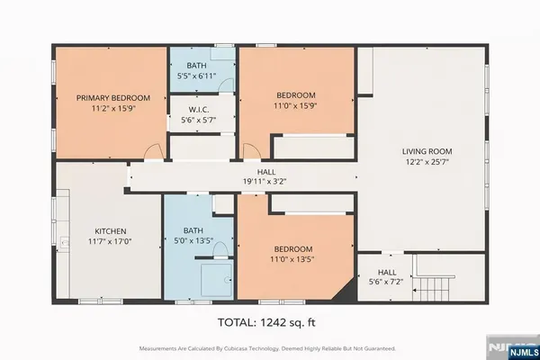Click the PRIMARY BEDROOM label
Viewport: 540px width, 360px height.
[x=112, y=97]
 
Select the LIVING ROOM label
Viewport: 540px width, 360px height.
[x=426, y=151]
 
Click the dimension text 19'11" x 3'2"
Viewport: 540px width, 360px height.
[x=265, y=181]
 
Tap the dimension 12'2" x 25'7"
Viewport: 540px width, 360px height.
[x=426, y=163]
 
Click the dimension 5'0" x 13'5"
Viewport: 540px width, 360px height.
[x=199, y=241]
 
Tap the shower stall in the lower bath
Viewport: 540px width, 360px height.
[x=216, y=280]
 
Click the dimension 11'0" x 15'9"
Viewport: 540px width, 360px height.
[x=294, y=105]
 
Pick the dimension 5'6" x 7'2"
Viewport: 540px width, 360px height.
[x=386, y=282]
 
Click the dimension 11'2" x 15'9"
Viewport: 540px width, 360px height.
[x=112, y=108]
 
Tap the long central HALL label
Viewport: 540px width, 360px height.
[x=265, y=171]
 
